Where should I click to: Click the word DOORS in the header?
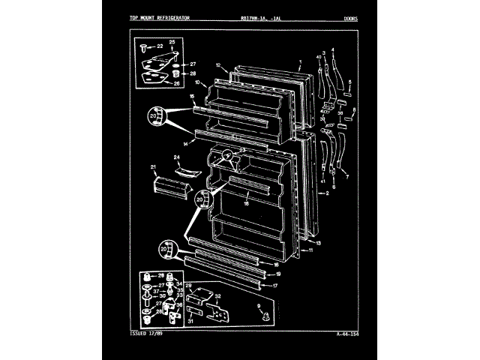pyautogui.click(x=350, y=18)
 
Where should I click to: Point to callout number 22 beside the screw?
pyautogui.click(x=160, y=46)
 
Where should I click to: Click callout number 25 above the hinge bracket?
pyautogui.click(x=171, y=41)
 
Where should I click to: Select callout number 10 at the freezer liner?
pyautogui.click(x=196, y=82)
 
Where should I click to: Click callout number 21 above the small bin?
pyautogui.click(x=153, y=166)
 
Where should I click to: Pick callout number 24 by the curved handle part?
pyautogui.click(x=178, y=157)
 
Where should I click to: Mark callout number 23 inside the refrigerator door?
pyautogui.click(x=243, y=151)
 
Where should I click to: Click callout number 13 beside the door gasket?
pyautogui.click(x=317, y=244)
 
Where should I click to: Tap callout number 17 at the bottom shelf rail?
pyautogui.click(x=274, y=286)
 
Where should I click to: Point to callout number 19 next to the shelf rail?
pyautogui.click(x=278, y=274)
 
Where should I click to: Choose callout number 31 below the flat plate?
pyautogui.click(x=190, y=321)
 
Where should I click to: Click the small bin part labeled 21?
pyautogui.click(x=166, y=185)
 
